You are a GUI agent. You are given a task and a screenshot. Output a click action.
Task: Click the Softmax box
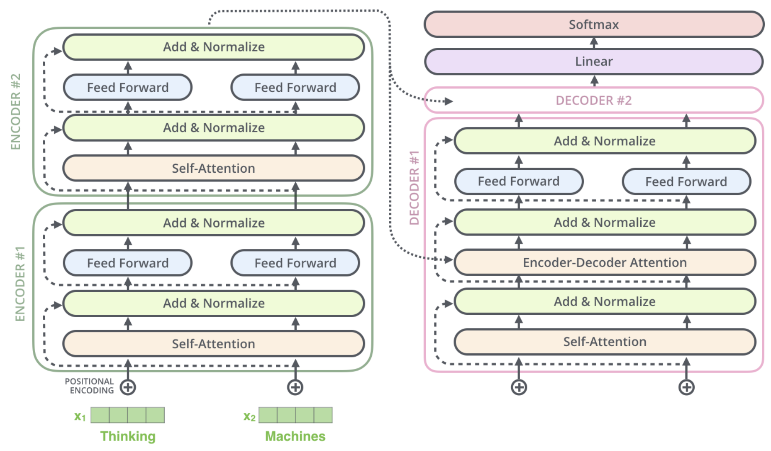coord(594,24)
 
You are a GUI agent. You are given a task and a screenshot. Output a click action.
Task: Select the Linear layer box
coord(594,62)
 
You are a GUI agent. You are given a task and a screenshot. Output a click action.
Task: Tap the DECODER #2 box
coord(594,101)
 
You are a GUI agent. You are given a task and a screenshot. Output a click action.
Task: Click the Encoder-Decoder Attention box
coord(605,262)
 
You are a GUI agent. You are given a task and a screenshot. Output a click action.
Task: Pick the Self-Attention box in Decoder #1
coord(605,342)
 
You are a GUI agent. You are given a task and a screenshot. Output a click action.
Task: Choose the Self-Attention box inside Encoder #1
coord(213,344)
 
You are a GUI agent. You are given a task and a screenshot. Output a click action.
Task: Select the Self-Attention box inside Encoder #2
coord(213,168)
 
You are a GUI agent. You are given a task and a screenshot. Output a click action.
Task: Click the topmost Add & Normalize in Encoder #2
coord(213,47)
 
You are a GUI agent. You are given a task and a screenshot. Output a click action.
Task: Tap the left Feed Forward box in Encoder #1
coord(128,263)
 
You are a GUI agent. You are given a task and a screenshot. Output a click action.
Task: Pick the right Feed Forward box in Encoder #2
coord(295,87)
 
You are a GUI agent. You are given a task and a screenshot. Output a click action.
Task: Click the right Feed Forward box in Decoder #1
coord(686,181)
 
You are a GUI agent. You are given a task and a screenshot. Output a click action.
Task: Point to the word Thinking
coord(128,436)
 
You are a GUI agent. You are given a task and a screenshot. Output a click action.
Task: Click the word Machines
coord(295,436)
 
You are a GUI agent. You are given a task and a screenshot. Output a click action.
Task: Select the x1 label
coord(80,416)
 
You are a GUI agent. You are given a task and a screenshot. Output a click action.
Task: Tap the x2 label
coord(249,416)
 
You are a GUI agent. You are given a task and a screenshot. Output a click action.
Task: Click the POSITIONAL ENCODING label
coord(89,386)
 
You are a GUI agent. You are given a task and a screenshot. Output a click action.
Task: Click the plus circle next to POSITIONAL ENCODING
coord(128,387)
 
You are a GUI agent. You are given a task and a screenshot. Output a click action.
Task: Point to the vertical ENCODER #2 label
coord(16,111)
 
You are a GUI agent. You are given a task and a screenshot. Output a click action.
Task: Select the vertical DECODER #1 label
coord(414,187)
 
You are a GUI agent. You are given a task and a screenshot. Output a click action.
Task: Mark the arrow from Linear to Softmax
coord(594,43)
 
